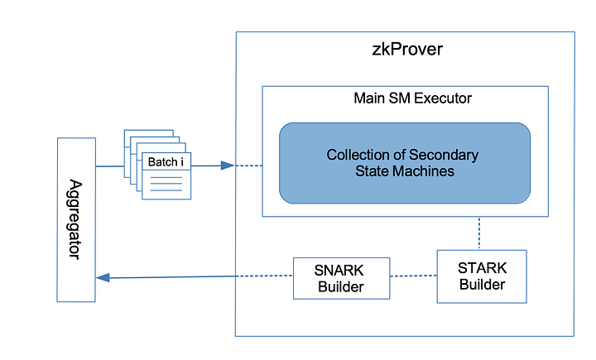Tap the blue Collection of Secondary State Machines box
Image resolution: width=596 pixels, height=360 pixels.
pos(404,163)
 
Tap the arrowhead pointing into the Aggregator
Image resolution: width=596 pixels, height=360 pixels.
pos(103,277)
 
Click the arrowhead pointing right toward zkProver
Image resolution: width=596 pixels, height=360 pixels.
pos(228,166)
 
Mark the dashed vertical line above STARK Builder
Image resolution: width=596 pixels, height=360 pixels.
pos(479,233)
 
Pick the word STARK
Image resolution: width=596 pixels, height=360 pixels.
pos(482,267)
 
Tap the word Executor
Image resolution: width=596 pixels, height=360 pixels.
pos(445,99)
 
